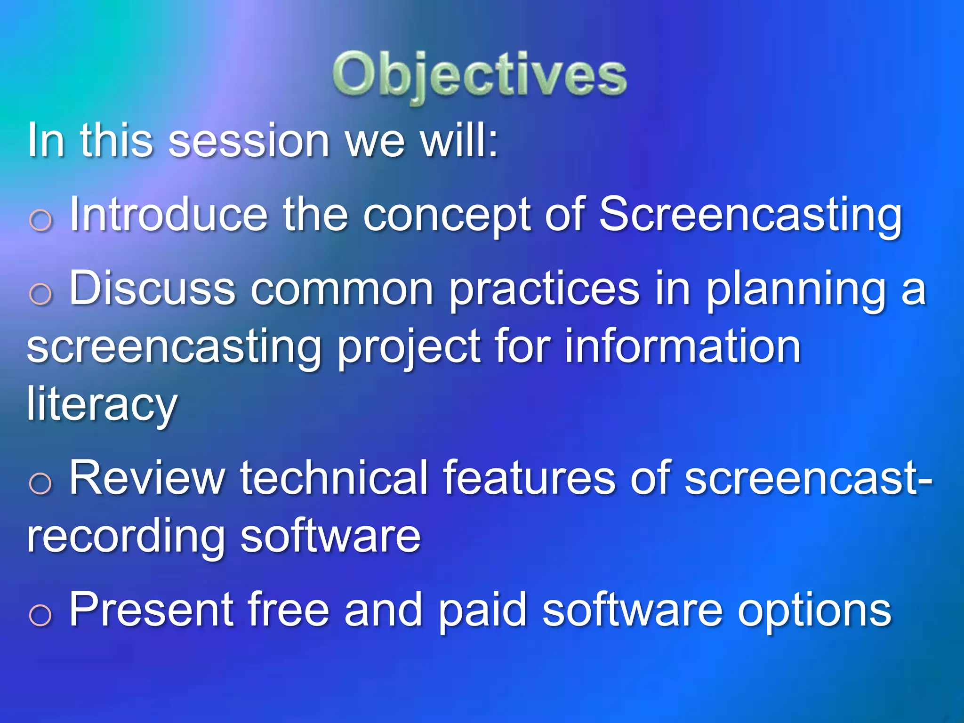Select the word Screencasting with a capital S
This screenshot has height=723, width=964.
pos(750,216)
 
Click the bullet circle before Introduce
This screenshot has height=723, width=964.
pos(40,220)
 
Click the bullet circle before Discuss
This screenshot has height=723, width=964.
pos(40,295)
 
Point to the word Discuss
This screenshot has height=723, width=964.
pos(152,288)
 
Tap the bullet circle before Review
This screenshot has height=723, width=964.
pos(40,483)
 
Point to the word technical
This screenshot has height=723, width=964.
pos(333,477)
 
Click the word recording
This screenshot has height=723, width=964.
pos(126,538)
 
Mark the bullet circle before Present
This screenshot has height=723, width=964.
pos(40,615)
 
